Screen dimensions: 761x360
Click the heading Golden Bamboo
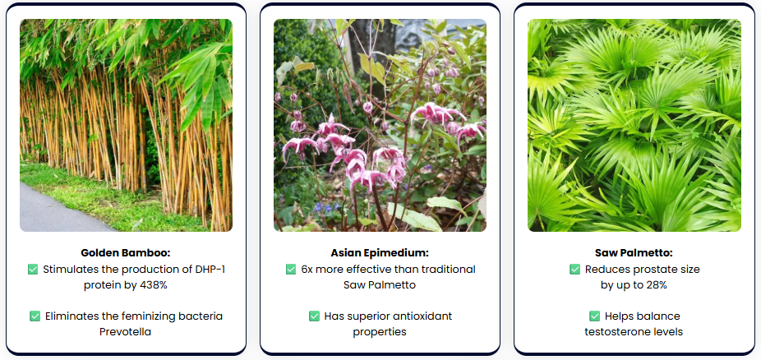point(126,253)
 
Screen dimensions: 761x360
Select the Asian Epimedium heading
point(380,253)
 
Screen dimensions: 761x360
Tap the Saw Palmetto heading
point(634,253)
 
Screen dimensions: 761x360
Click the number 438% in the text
point(154,285)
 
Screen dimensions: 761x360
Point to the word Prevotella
point(125,332)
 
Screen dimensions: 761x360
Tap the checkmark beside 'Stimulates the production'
point(33,270)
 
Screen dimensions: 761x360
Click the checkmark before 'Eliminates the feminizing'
point(35,316)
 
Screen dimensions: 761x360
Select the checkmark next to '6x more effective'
point(291,270)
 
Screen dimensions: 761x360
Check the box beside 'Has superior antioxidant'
point(314,316)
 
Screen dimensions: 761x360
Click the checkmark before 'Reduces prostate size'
point(574,270)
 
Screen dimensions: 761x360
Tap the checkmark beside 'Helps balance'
point(594,316)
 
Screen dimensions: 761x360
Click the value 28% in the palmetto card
point(656,285)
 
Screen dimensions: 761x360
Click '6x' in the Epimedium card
point(307,270)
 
